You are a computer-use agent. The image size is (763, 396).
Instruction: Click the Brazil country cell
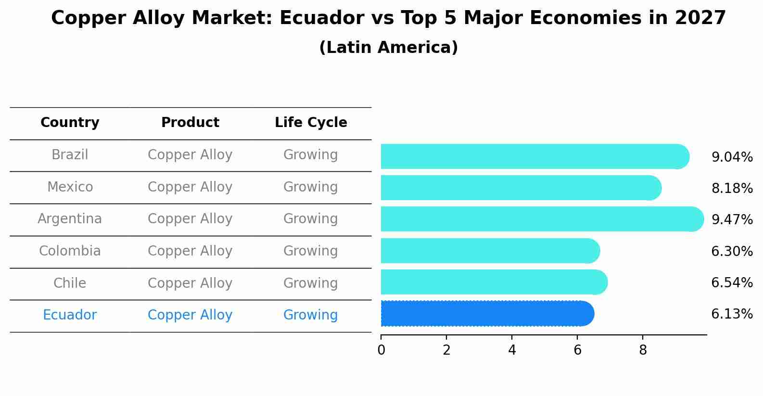click(70, 155)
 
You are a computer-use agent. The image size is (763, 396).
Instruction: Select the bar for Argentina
click(541, 219)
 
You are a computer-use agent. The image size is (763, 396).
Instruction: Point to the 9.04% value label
click(732, 157)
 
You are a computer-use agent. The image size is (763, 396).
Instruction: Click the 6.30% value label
click(732, 251)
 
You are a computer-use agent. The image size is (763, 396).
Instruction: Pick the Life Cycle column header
click(311, 123)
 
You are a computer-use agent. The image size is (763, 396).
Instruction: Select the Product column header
click(190, 123)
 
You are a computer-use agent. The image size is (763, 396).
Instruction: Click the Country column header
click(70, 123)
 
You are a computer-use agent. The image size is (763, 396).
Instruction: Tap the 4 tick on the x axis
click(512, 350)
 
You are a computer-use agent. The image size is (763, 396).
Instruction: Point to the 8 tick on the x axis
click(643, 350)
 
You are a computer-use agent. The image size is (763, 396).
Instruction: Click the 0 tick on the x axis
click(381, 350)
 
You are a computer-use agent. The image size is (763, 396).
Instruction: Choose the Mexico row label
click(70, 187)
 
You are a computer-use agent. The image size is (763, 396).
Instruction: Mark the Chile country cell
click(70, 283)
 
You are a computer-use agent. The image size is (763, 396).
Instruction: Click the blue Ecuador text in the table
click(70, 315)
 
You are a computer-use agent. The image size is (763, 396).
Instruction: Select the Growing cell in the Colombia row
click(310, 251)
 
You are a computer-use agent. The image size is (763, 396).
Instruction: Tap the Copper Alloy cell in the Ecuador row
click(190, 315)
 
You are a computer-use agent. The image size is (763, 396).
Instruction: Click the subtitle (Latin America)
click(388, 48)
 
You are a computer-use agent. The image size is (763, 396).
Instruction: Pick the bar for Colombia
click(490, 251)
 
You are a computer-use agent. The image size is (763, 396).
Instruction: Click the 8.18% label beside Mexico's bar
click(732, 189)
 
